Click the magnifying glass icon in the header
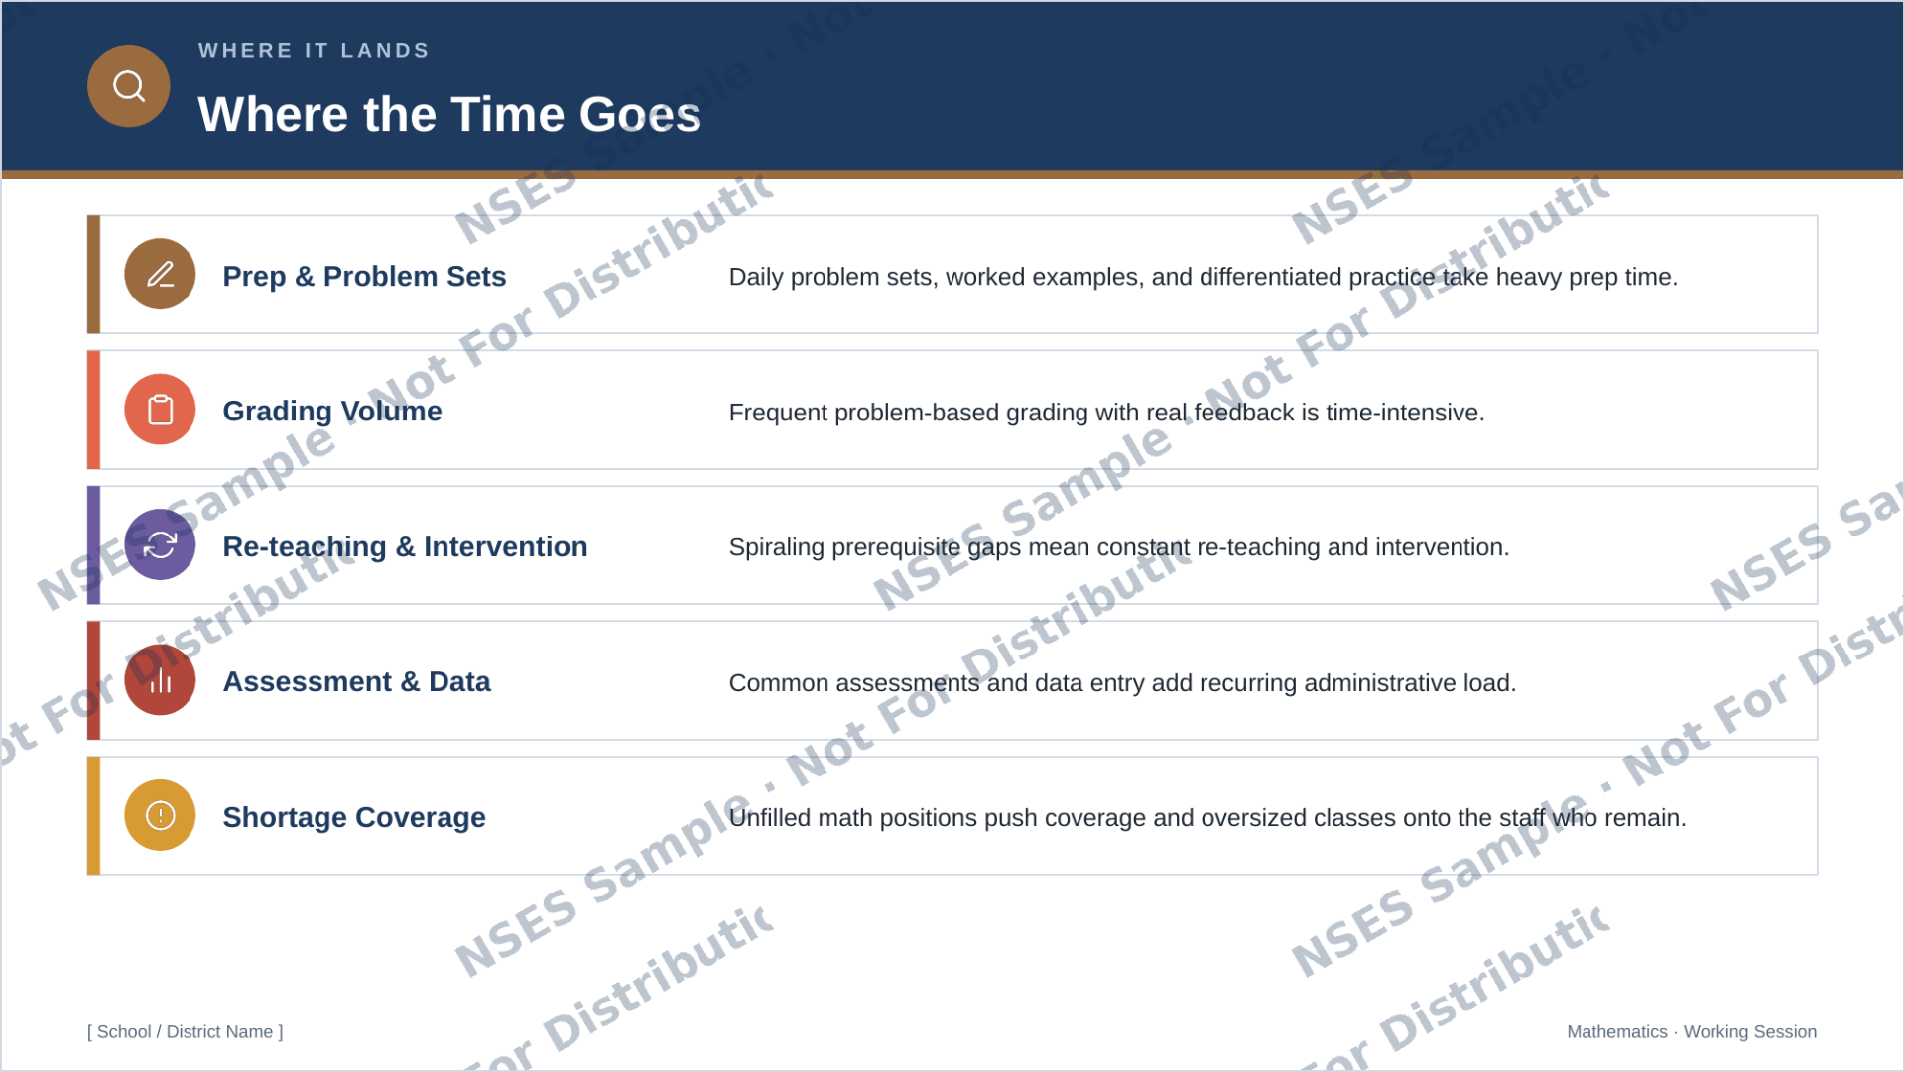(129, 86)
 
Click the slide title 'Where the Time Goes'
(449, 115)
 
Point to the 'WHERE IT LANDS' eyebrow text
(314, 51)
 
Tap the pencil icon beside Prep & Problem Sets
(160, 275)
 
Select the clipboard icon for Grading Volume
(160, 410)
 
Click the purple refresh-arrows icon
(160, 545)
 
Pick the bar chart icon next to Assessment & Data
(160, 680)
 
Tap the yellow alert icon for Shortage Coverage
(160, 815)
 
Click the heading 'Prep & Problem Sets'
(364, 277)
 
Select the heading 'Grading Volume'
(332, 412)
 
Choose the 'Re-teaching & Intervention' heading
(405, 547)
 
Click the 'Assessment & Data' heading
(356, 682)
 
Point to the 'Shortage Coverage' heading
(354, 818)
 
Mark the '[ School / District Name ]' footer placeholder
(186, 1032)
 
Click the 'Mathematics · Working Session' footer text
(1692, 1032)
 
